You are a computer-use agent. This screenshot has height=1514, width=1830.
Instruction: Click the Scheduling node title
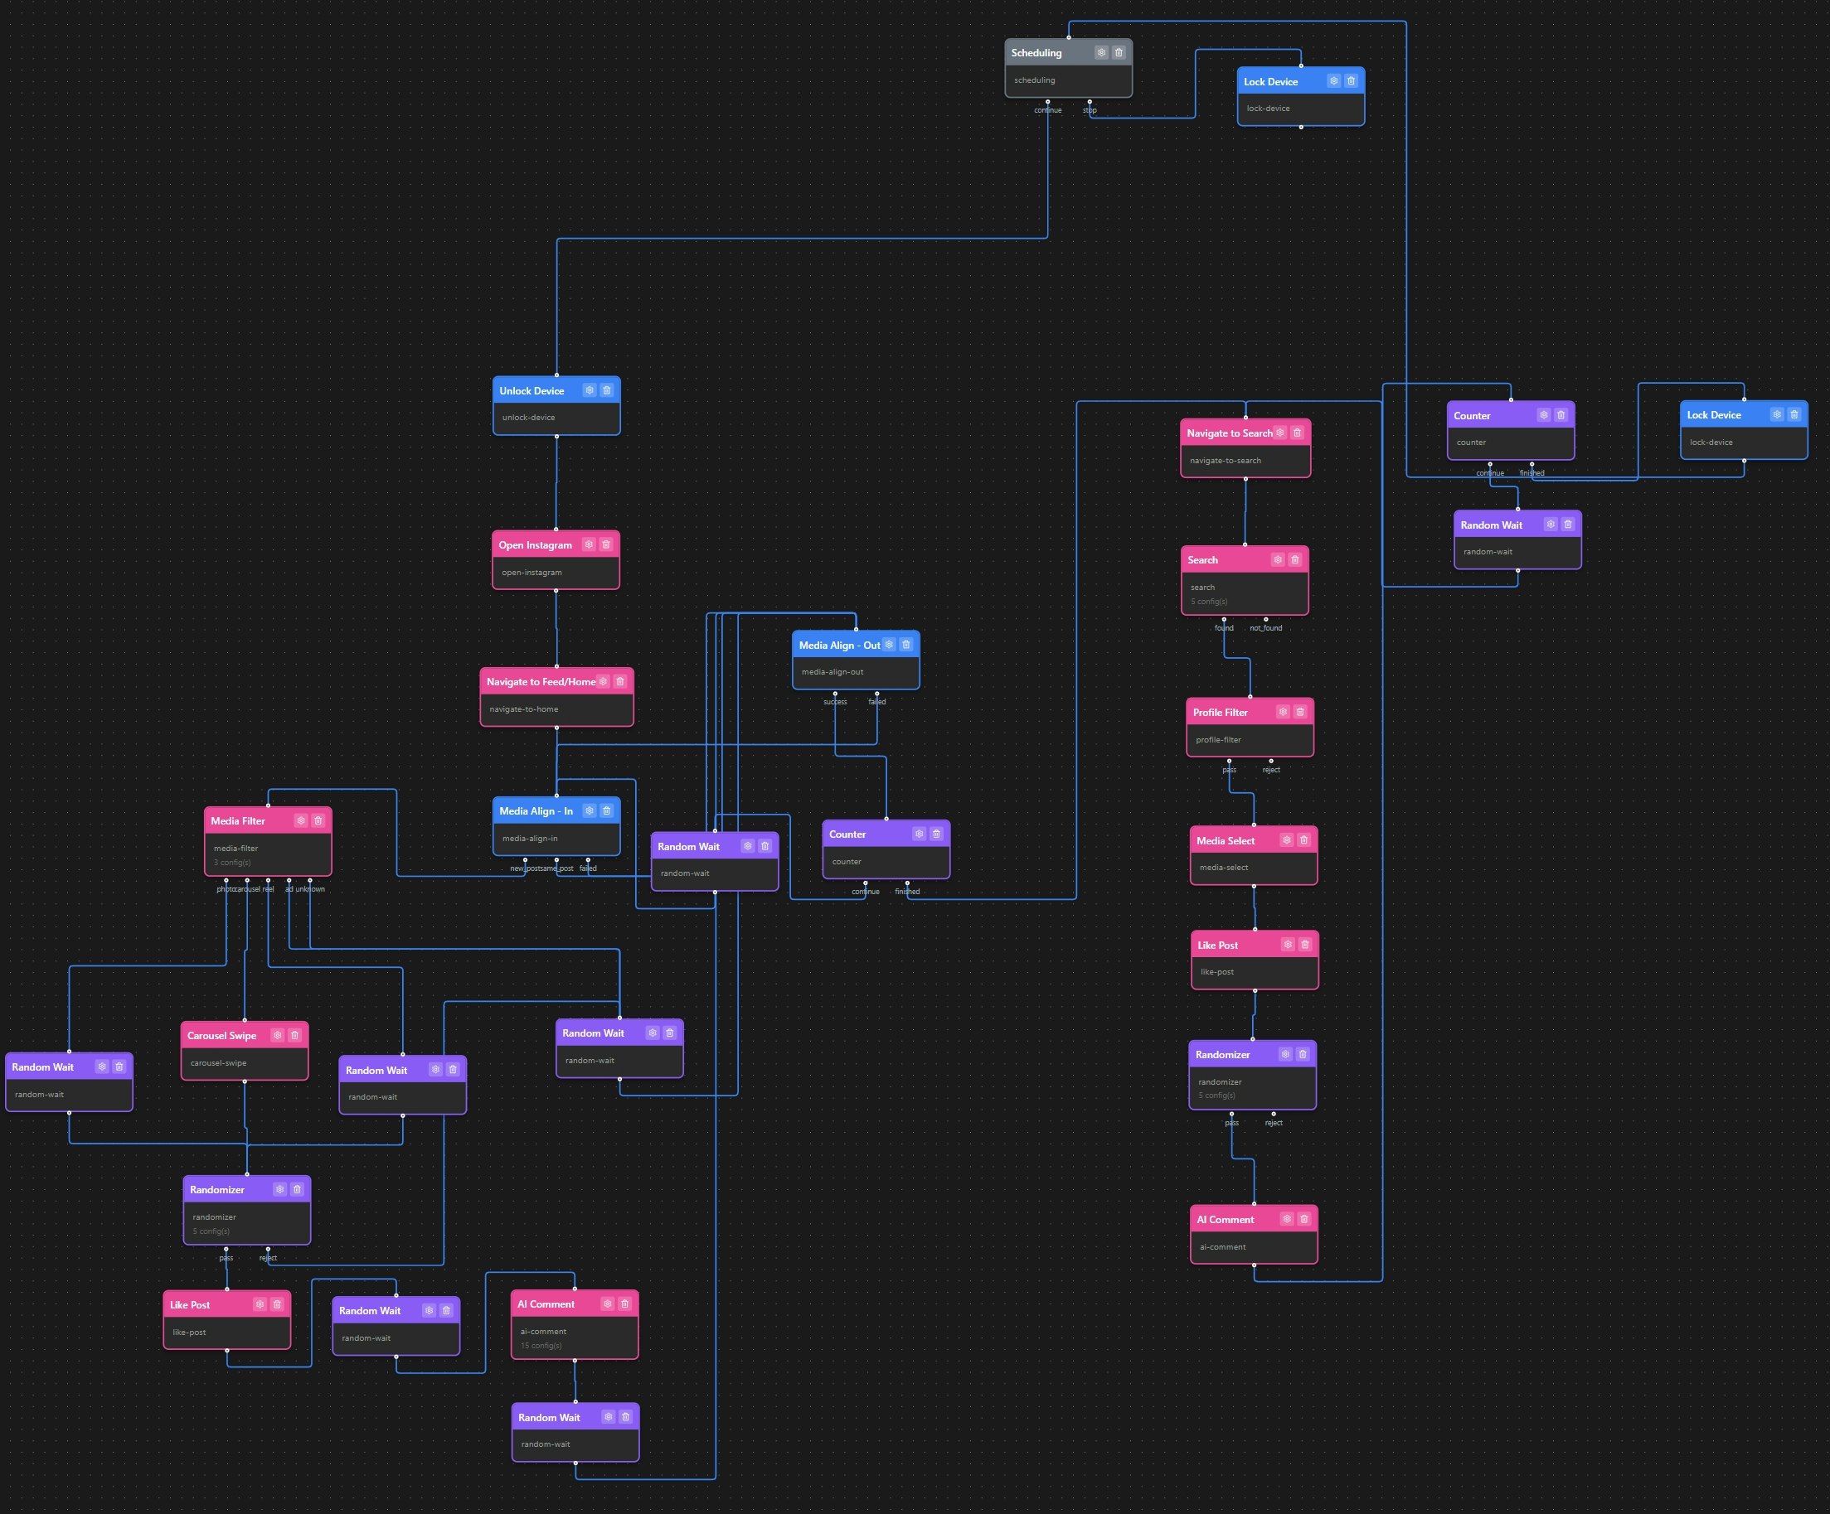(1036, 53)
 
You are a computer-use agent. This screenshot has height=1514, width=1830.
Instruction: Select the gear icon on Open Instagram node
(589, 544)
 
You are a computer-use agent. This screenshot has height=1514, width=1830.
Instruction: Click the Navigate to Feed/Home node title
(541, 682)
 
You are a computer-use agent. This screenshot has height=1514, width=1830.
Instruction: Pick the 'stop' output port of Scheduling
(1090, 102)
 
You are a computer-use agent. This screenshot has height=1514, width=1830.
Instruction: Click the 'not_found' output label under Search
(1265, 628)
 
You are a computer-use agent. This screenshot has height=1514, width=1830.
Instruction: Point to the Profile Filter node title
(1220, 713)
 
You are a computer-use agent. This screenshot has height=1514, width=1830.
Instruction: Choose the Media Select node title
(1226, 840)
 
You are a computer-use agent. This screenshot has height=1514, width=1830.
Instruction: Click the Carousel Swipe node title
(221, 1036)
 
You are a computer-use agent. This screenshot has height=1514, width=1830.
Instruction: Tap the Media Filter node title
(238, 820)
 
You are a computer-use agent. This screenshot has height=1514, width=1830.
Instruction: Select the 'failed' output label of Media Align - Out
(876, 701)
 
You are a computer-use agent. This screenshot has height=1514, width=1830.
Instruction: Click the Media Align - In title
(536, 811)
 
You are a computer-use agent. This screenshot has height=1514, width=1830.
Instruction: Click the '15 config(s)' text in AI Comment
(541, 1346)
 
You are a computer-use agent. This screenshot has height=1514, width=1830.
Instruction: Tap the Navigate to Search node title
(1229, 433)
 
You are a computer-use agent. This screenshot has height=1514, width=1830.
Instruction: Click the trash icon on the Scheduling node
(1119, 52)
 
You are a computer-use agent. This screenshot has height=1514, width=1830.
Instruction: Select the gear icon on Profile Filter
(1283, 712)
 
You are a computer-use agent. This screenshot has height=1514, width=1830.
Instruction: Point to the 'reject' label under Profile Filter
(1271, 770)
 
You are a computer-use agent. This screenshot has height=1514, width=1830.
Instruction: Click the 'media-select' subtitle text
(1224, 868)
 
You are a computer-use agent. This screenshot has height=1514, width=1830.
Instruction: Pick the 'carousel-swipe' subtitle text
(218, 1062)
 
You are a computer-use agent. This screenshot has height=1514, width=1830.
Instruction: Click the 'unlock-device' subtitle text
(528, 418)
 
